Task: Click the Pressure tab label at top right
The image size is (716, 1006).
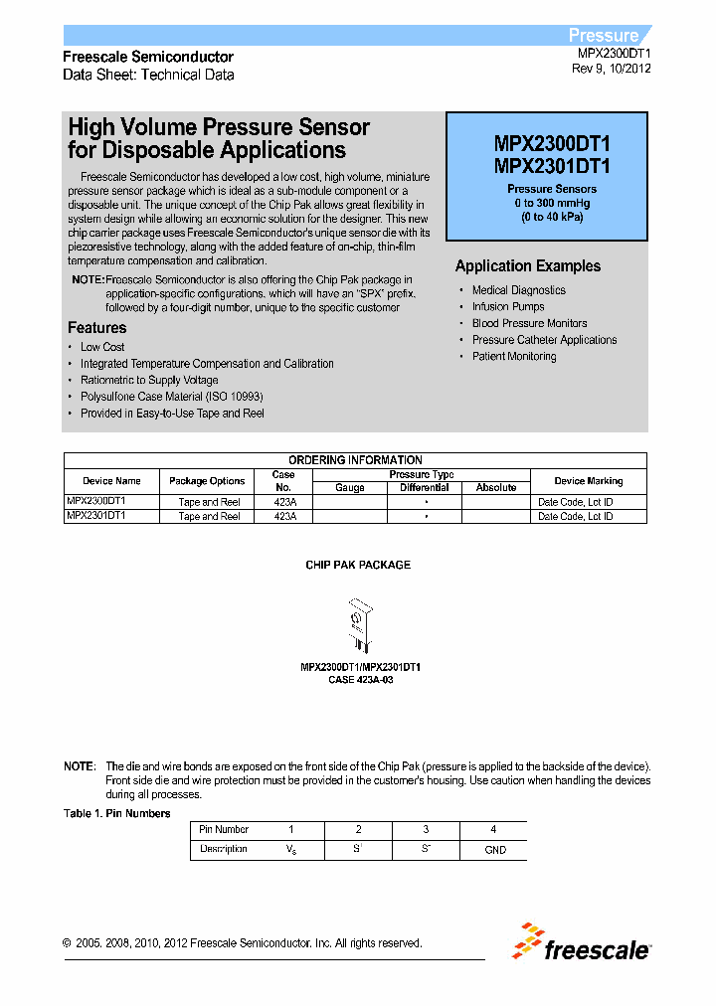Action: (604, 35)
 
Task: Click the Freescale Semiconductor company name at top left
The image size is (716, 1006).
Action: (148, 57)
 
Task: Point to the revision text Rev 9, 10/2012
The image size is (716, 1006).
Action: (611, 70)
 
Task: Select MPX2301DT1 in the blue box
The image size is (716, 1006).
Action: (552, 166)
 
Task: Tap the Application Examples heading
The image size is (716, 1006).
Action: (527, 266)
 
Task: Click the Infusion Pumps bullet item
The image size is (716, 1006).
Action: (507, 307)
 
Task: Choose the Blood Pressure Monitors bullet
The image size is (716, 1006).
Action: (529, 323)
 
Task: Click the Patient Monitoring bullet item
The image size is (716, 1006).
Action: (513, 356)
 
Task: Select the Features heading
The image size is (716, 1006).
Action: (96, 328)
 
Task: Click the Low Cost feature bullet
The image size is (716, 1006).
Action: (102, 347)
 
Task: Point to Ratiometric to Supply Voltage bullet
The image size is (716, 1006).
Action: (149, 380)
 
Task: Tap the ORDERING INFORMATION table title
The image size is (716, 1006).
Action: (355, 460)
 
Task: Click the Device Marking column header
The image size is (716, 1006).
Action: (588, 481)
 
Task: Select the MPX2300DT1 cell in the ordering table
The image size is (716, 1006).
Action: (96, 502)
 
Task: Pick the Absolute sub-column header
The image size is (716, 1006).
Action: (495, 488)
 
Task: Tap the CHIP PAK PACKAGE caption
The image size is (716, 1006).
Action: (357, 565)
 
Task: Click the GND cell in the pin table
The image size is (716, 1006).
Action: (494, 850)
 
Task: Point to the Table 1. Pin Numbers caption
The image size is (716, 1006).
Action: (116, 813)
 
